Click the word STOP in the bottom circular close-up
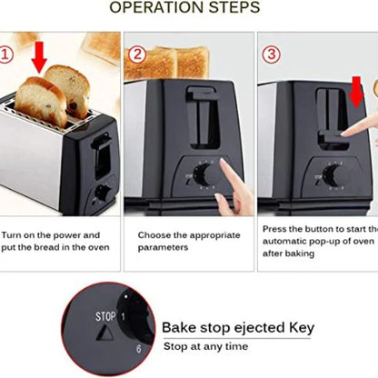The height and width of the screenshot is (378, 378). click(105, 319)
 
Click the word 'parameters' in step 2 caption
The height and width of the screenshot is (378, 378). click(165, 245)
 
